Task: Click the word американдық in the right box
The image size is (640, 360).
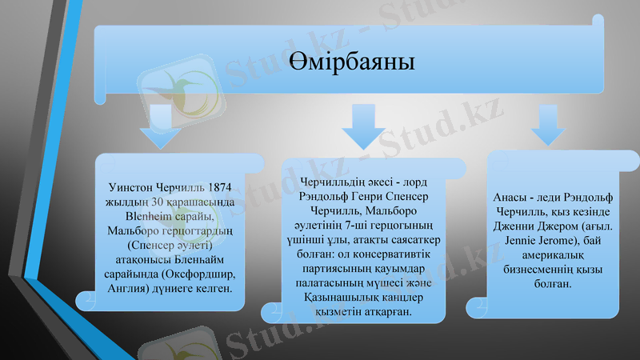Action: pos(552,254)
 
